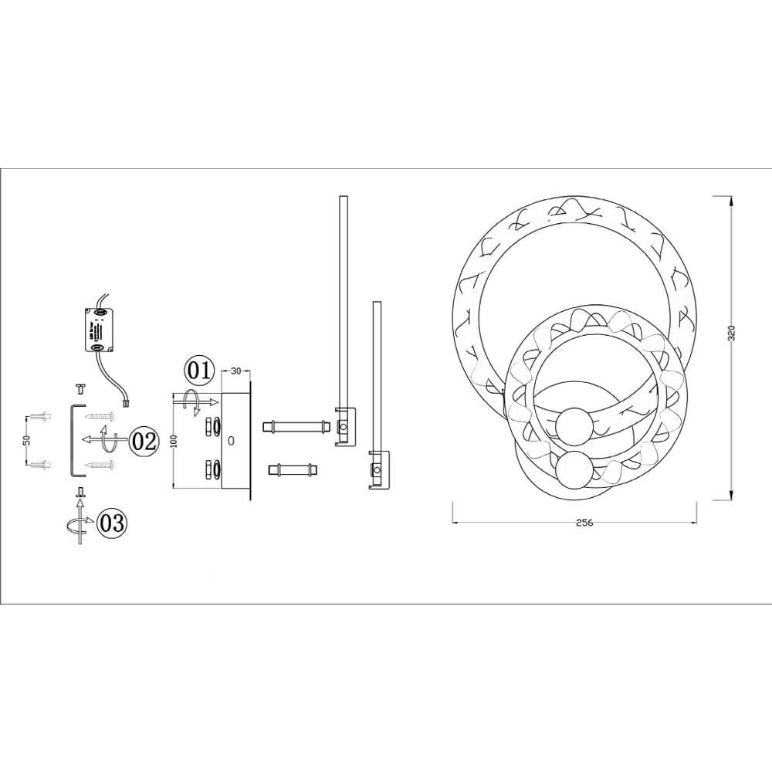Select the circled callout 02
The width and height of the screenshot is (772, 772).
[144, 441]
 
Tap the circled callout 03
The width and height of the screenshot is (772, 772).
[112, 523]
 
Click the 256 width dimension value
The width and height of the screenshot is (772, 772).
[584, 523]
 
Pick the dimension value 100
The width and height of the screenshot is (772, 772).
[175, 441]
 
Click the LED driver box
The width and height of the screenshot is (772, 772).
[98, 328]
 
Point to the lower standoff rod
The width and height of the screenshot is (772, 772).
[292, 469]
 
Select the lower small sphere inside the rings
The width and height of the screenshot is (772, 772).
[574, 469]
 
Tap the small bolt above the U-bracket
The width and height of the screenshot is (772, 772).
[80, 387]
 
